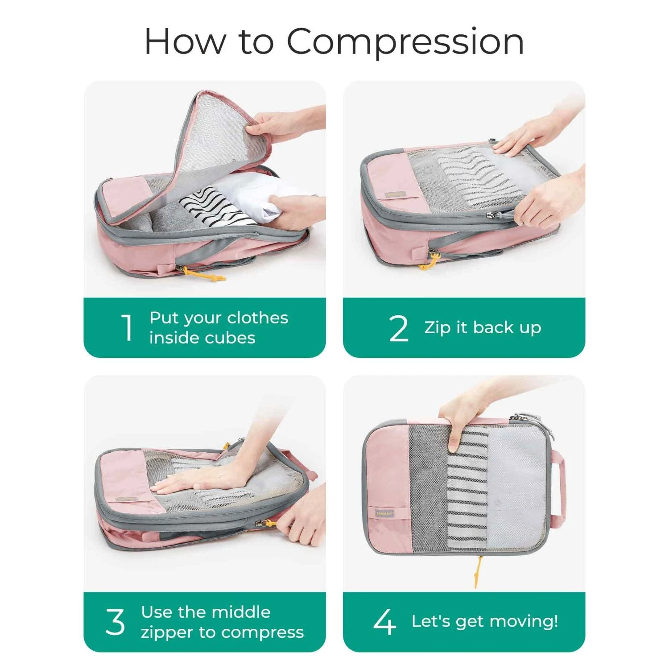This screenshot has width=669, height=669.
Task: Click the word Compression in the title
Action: click(405, 41)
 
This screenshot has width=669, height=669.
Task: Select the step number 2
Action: click(398, 329)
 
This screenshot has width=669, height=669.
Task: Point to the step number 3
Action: click(115, 622)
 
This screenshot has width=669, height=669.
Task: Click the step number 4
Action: click(384, 622)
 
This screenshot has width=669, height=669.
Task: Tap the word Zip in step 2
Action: click(437, 327)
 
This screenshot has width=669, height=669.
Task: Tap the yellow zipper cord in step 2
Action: click(429, 263)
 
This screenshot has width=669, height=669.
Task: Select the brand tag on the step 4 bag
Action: click(384, 514)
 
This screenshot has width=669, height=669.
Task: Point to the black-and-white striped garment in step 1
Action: click(214, 207)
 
